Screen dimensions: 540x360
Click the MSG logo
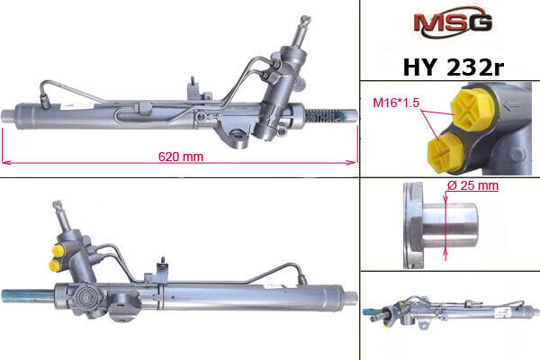click(453, 22)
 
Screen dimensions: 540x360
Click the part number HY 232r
click(454, 67)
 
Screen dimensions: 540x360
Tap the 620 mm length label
click(181, 157)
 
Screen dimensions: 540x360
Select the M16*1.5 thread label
click(396, 103)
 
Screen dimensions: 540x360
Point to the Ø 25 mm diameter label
click(472, 185)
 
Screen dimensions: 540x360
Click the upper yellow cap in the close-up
click(472, 109)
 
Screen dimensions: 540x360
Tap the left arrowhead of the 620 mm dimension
click(6, 162)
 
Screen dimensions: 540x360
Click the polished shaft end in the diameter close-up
click(450, 226)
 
